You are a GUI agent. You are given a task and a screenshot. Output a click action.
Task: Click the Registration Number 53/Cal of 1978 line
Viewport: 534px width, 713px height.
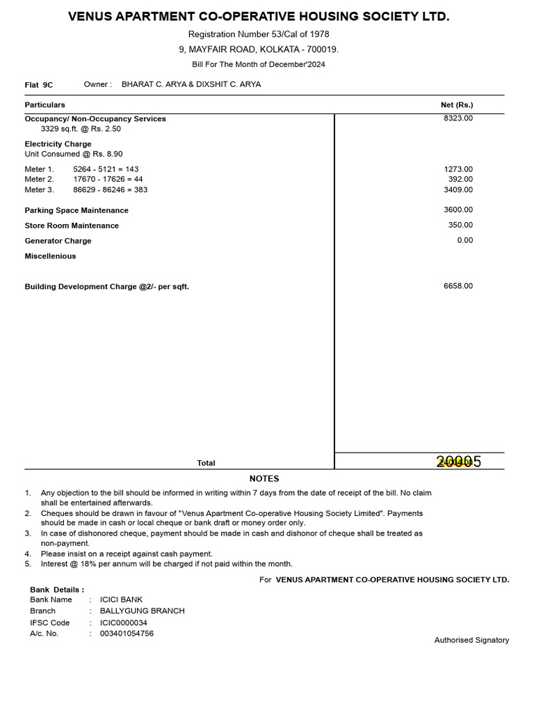259,34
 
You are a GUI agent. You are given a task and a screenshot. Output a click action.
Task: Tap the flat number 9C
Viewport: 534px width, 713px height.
47,85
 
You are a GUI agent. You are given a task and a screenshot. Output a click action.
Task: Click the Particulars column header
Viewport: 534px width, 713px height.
45,104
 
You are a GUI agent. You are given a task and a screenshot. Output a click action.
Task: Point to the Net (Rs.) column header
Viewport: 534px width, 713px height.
457,104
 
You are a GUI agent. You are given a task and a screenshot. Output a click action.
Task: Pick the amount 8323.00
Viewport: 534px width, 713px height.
458,118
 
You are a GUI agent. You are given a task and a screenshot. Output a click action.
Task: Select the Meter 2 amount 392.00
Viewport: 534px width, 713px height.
460,179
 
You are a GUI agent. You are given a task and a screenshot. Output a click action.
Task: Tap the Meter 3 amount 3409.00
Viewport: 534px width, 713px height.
458,189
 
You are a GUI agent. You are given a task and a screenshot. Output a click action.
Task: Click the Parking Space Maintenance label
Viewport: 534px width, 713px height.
76,210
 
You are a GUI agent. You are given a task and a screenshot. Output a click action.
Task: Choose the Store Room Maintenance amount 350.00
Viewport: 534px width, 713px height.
460,225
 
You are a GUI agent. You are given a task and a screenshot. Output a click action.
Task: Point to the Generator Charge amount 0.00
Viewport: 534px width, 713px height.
464,240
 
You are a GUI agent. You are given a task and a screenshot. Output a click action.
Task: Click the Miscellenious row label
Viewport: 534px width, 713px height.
51,256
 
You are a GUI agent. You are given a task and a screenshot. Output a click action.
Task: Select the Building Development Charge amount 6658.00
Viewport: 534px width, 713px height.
458,286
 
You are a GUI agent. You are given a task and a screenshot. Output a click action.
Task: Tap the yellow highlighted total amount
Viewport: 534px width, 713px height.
458,462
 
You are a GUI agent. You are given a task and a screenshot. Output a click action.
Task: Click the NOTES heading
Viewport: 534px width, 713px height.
264,478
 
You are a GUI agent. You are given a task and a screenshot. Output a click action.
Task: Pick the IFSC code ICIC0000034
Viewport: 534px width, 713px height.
124,622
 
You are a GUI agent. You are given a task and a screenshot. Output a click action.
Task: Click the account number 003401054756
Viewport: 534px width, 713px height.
127,634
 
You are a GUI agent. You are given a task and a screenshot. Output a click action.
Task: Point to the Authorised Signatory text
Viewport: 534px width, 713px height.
471,640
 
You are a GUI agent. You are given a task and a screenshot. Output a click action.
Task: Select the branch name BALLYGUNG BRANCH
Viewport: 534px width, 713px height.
143,611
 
